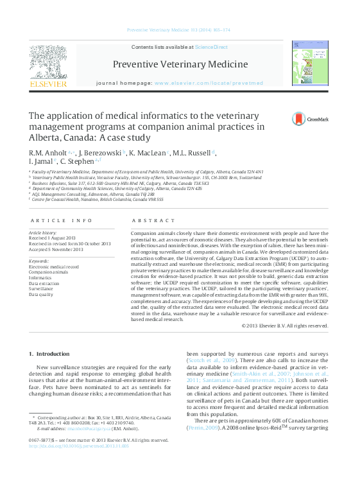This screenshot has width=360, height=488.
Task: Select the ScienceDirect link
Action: [211, 47]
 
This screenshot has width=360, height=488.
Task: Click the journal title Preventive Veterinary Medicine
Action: [180, 64]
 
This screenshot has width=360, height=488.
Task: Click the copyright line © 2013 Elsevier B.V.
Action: [284, 326]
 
